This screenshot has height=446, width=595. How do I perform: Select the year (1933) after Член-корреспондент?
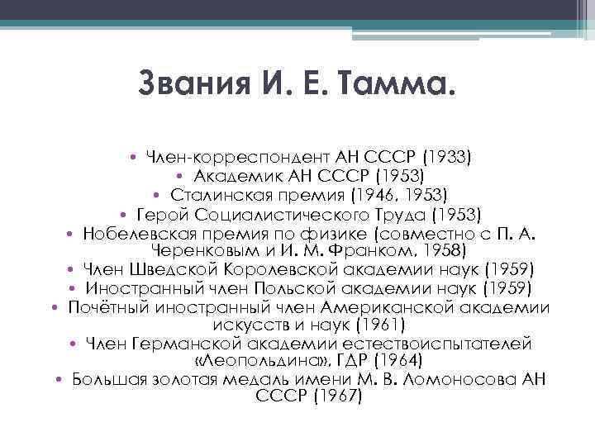(443, 156)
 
